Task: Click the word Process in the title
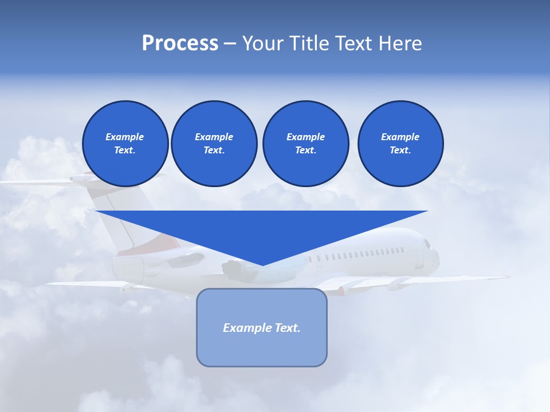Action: point(180,43)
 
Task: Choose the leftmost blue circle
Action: point(125,144)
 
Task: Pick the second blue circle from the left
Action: point(214,144)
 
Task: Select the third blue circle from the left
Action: point(305,144)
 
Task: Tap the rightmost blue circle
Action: point(400,144)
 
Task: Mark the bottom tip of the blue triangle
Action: point(262,265)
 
